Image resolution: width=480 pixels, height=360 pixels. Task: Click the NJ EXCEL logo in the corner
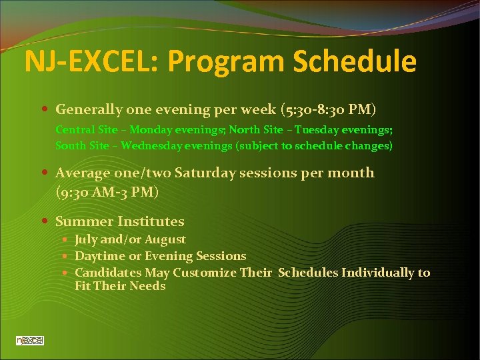coord(30,340)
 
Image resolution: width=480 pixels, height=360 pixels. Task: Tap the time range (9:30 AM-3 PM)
coord(107,192)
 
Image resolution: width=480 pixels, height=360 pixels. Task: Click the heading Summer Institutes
coord(120,221)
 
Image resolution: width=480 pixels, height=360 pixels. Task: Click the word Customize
coord(205,273)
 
